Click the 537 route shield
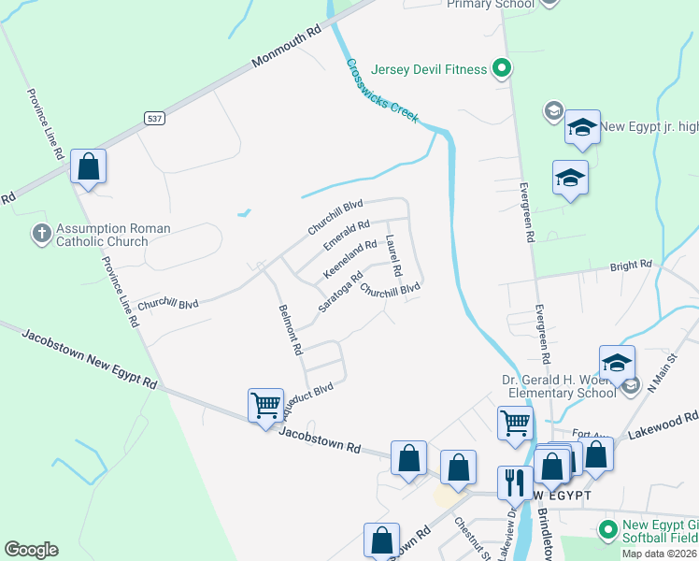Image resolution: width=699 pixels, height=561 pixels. (x=154, y=118)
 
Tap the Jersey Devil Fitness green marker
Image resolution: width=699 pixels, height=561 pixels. (x=502, y=67)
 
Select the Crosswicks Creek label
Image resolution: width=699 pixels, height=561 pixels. (x=382, y=91)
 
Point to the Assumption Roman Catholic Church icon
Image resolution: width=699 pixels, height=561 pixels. (x=41, y=233)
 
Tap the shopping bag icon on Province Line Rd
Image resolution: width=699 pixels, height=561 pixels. (x=89, y=167)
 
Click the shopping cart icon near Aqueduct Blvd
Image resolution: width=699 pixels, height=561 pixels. (x=266, y=406)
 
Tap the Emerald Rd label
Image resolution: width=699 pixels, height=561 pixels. (x=347, y=234)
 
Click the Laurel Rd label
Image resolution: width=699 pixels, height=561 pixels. (x=393, y=255)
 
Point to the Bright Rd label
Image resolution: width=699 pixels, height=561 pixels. (x=631, y=266)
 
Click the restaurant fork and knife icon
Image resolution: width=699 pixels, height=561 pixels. (x=514, y=482)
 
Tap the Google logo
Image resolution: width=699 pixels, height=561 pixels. (x=31, y=550)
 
